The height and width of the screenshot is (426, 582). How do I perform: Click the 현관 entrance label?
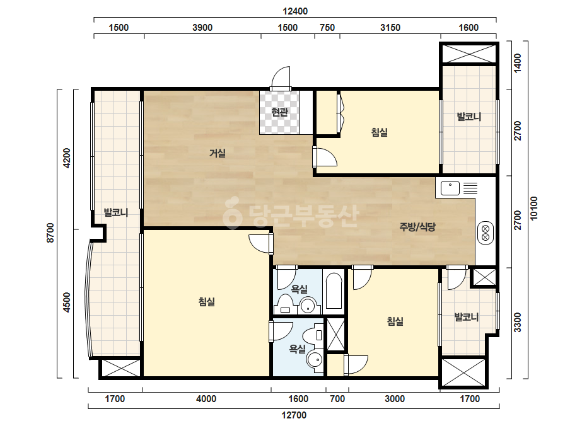279,112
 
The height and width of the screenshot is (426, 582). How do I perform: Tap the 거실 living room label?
218,153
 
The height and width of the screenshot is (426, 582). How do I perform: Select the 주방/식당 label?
417,227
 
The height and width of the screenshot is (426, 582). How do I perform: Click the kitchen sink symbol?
450,188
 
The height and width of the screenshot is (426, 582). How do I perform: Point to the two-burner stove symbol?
486,233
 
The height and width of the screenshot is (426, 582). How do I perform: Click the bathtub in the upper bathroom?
334,291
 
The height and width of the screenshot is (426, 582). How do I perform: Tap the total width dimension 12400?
295,11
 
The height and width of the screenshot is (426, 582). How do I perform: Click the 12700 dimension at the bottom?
294,415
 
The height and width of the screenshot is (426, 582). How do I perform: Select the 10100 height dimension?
533,208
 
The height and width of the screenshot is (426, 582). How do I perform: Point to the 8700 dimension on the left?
50,233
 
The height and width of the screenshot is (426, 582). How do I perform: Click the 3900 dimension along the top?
202,28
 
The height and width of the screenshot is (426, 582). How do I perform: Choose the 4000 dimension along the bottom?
206,399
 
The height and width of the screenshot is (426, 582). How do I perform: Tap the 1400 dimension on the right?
518,63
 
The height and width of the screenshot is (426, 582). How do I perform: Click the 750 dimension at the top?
327,28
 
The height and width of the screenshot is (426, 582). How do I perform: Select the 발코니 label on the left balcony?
116,212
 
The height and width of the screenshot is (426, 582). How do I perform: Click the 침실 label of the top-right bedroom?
380,132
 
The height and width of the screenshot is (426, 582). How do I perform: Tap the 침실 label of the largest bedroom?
207,302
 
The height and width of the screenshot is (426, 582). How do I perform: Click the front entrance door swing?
281,78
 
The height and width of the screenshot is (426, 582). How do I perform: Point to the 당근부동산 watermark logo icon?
232,212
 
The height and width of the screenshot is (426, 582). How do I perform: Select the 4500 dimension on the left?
66,302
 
